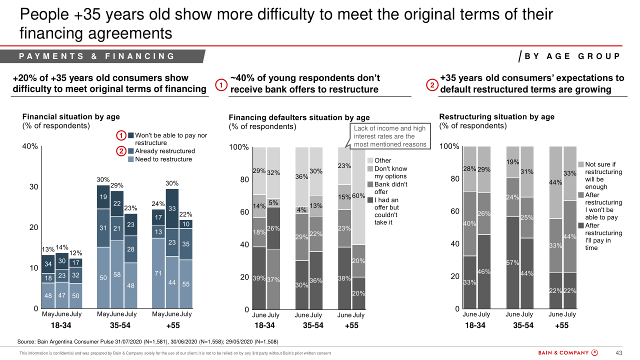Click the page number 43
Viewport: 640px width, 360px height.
tap(618, 353)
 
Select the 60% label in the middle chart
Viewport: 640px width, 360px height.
tap(358, 196)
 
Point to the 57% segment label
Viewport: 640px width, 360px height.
tap(513, 262)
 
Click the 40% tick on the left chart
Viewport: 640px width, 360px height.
tap(30, 146)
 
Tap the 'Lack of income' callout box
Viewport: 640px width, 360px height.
tap(390, 136)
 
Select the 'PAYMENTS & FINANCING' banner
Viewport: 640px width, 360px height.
tap(97, 56)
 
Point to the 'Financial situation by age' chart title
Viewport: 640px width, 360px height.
tap(71, 116)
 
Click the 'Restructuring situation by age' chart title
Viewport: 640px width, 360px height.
tap(496, 116)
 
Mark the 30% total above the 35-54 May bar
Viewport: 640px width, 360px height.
tap(103, 179)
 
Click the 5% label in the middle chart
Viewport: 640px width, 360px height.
tap(273, 203)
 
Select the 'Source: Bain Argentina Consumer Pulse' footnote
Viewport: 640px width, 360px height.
tap(147, 342)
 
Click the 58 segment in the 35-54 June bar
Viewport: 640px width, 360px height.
tap(117, 274)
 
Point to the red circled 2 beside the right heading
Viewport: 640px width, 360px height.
tap(432, 85)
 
